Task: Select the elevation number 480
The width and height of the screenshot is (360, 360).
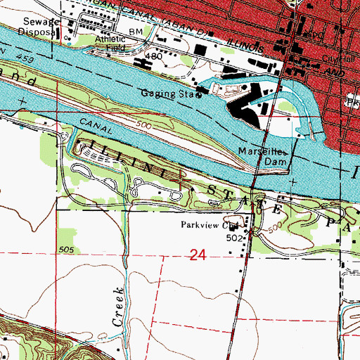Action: click(153, 55)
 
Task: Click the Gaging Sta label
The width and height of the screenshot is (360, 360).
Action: click(166, 92)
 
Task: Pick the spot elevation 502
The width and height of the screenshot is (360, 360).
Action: click(235, 238)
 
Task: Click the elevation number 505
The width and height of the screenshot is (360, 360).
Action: click(66, 250)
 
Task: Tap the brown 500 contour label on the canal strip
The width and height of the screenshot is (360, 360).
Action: click(146, 124)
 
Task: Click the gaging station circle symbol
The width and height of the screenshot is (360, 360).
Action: click(198, 98)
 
